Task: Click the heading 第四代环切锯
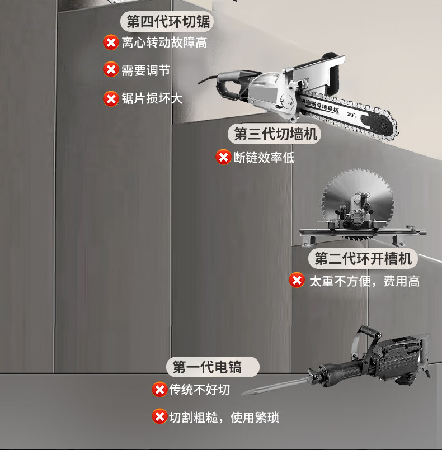point(168,22)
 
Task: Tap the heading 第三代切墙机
point(274,134)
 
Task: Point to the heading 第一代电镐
point(213,367)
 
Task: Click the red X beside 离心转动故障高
point(111,42)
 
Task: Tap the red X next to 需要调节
point(111,70)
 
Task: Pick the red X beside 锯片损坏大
point(111,98)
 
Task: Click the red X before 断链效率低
point(223,157)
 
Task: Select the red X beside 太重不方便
point(297,280)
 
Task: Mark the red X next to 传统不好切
point(159,389)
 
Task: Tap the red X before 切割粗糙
point(159,416)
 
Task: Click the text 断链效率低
point(264,158)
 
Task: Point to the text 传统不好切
point(200,390)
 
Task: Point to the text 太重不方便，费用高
point(364,281)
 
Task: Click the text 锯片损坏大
point(152,99)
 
